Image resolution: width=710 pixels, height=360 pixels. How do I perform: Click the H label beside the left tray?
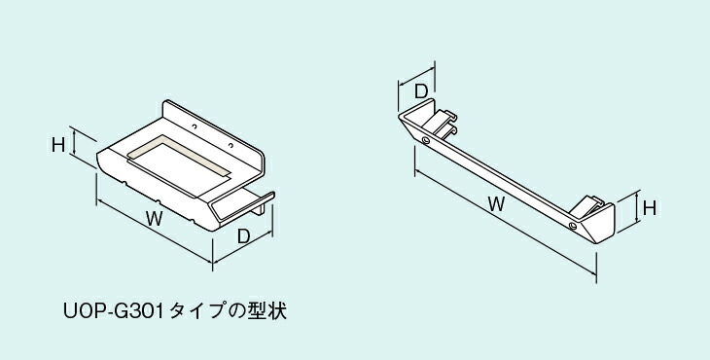58,145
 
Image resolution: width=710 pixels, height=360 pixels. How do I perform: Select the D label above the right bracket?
421,90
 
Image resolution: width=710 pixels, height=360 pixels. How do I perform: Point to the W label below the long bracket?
495,205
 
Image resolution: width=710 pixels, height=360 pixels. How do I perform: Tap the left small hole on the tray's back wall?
195,126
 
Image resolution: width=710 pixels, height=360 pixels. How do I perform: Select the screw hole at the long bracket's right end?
573,226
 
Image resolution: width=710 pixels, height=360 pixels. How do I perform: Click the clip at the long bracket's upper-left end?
444,122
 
